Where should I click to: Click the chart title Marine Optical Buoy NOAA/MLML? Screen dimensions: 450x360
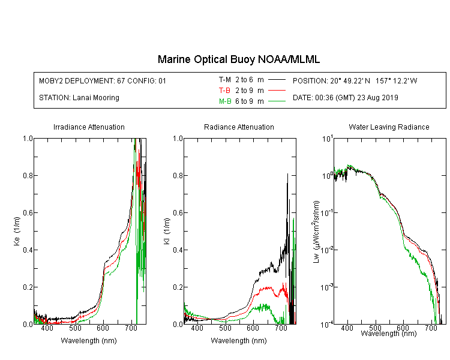click(238, 59)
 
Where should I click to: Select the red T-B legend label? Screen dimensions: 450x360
click(225, 91)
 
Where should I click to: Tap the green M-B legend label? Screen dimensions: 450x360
click(225, 101)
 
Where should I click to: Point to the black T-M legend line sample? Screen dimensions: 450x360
click(277, 80)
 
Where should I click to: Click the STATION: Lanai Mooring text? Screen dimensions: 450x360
click(79, 98)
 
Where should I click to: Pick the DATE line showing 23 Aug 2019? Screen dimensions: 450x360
click(345, 98)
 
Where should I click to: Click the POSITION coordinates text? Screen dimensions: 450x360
click(355, 80)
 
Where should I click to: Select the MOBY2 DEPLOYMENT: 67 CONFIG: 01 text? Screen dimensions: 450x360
click(103, 80)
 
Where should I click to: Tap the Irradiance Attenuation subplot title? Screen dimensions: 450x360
click(89, 127)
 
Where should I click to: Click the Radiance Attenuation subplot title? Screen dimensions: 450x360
click(239, 127)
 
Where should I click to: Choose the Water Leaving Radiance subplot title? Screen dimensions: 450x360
click(389, 127)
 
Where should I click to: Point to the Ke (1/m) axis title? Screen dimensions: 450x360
click(17, 231)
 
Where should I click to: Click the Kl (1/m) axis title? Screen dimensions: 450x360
click(167, 231)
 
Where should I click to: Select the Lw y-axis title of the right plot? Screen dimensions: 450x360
click(316, 232)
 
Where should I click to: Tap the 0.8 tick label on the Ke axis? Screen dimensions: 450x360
click(28, 175)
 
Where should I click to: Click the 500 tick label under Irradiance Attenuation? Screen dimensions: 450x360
click(75, 328)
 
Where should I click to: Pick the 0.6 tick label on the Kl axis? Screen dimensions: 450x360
click(178, 213)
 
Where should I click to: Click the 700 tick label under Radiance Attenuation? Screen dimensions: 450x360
click(281, 328)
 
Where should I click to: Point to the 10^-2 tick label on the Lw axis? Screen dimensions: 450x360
click(327, 250)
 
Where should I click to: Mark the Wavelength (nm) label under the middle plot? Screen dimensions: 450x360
click(239, 341)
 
